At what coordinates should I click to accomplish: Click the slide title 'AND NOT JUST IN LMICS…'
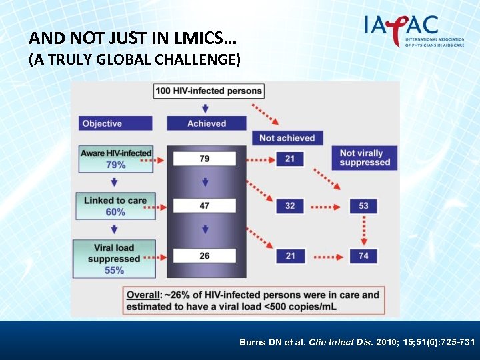pos(133,39)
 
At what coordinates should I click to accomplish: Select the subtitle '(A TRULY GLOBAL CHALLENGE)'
pos(134,60)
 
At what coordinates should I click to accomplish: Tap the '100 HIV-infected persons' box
pos(209,91)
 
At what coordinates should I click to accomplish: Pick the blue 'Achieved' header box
pos(207,123)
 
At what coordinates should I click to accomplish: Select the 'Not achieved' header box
pos(287,138)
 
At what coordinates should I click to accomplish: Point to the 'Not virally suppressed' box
pos(365,158)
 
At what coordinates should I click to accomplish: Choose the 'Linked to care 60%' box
pos(115,206)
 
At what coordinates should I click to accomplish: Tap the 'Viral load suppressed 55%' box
pos(115,259)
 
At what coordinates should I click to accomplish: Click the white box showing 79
pos(205,159)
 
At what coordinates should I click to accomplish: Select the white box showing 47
pos(205,206)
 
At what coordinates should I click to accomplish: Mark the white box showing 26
pos(205,255)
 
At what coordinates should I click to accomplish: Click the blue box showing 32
pos(290,206)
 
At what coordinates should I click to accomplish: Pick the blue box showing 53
pos(363,206)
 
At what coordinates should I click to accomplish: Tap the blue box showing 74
pos(363,255)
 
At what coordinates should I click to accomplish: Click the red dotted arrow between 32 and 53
pos(327,206)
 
